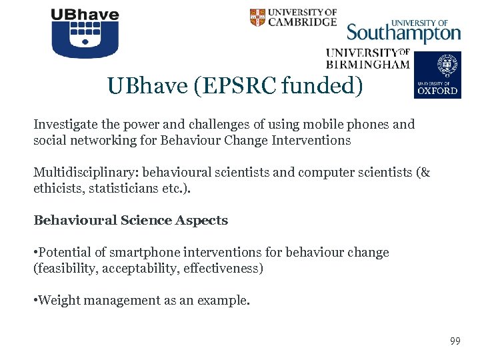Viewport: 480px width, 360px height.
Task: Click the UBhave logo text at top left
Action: [x=85, y=15]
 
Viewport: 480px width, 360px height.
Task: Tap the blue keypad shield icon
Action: [x=85, y=40]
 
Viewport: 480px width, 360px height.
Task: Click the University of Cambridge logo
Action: [x=293, y=17]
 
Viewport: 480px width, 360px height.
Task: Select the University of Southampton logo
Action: [x=403, y=31]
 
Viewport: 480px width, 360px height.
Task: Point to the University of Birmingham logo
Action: [x=367, y=59]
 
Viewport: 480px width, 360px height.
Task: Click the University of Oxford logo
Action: [x=437, y=75]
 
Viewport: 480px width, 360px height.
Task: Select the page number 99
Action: [x=455, y=341]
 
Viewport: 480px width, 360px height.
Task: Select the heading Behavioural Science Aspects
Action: [x=131, y=221]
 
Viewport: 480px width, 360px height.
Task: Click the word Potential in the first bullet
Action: [x=65, y=253]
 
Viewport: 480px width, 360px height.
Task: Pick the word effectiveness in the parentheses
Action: [x=225, y=269]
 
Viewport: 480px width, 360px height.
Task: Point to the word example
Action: [x=227, y=301]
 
